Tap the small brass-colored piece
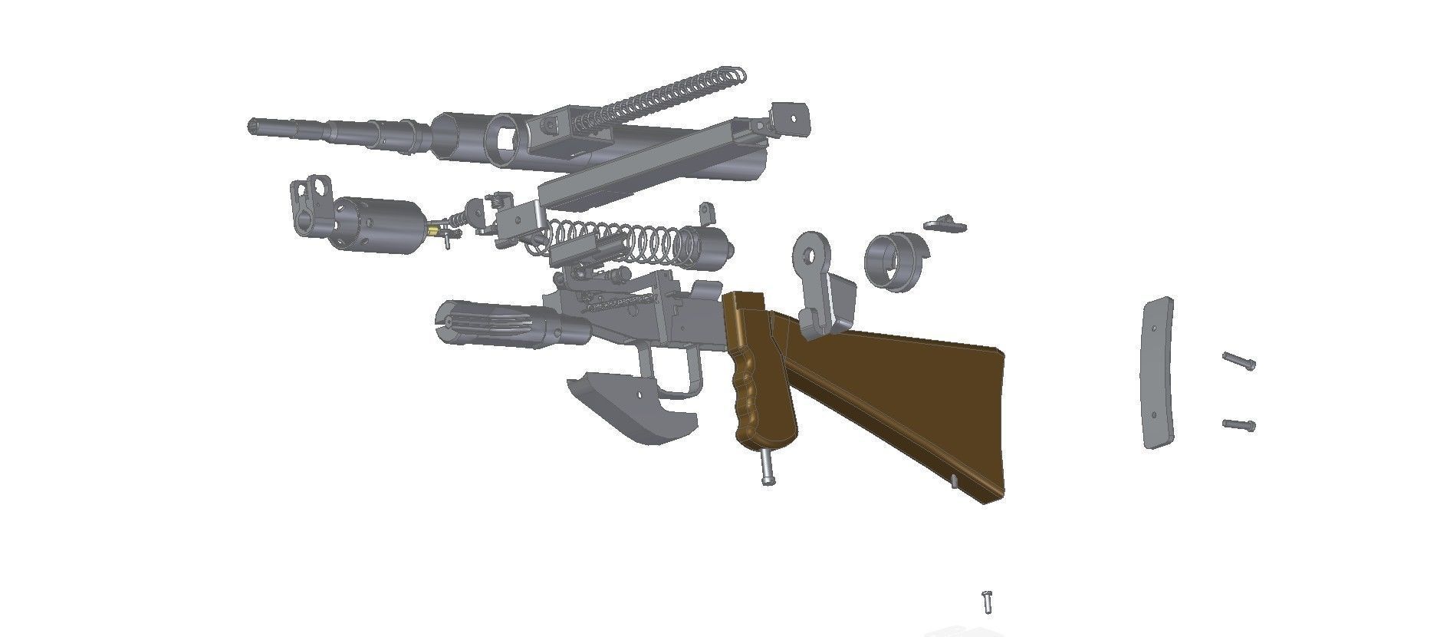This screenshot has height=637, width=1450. coord(434,229)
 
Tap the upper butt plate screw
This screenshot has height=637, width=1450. coord(1238,360)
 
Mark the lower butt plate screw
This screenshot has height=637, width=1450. coord(1238,424)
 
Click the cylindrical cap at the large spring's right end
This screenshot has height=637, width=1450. coord(715,247)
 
